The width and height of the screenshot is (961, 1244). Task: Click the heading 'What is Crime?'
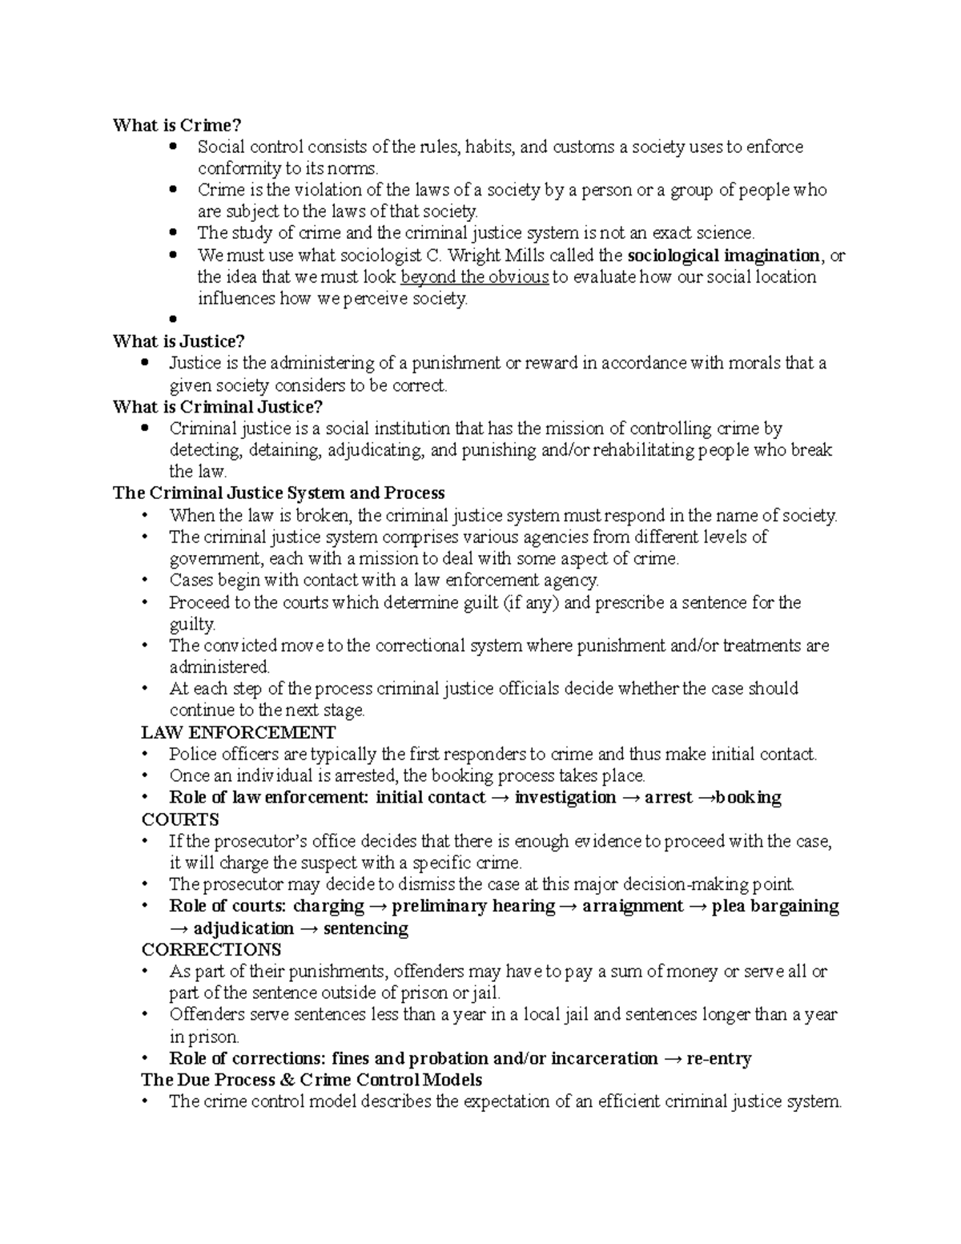177,126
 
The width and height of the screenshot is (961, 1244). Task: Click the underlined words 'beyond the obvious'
474,277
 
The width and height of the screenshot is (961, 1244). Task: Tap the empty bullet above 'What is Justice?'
173,320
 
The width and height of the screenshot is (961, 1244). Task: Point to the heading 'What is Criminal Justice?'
218,407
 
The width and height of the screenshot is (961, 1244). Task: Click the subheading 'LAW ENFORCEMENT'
238,732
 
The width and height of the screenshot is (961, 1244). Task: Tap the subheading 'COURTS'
179,819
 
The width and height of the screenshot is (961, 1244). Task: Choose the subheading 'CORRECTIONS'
211,950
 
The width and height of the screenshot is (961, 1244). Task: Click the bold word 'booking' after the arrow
748,798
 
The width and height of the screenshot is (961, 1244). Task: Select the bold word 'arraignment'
633,906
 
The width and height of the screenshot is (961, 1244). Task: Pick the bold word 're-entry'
718,1059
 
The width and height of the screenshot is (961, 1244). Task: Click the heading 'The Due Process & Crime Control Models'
312,1080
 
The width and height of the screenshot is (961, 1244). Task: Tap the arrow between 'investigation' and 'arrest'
629,798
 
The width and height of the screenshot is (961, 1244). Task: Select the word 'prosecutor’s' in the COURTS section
263,841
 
